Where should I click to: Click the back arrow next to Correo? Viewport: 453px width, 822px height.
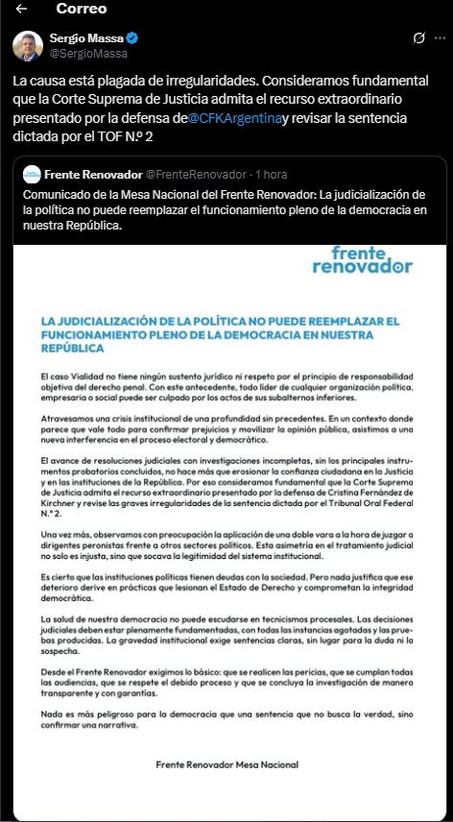[x=22, y=9]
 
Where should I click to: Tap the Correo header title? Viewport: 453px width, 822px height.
[x=81, y=9]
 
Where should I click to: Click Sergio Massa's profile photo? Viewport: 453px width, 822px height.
[x=27, y=46]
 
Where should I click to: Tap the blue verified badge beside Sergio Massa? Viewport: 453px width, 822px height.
[x=132, y=38]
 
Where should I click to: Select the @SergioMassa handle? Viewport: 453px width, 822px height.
[x=88, y=54]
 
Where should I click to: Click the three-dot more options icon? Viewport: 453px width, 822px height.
[x=439, y=38]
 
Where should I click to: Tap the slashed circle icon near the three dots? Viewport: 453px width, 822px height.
[x=419, y=38]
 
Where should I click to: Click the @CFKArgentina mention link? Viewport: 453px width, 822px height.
[x=234, y=118]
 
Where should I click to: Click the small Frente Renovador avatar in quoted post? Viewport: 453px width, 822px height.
[x=32, y=174]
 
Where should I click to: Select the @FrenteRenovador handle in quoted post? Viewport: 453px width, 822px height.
[x=196, y=175]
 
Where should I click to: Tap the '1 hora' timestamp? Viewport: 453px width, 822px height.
[x=271, y=175]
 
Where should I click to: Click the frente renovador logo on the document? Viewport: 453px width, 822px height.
[x=362, y=260]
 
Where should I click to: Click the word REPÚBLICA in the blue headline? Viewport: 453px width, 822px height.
[x=72, y=348]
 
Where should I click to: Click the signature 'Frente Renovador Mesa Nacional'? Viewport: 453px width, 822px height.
[x=227, y=765]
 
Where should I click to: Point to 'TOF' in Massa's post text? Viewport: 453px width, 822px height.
[x=110, y=136]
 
